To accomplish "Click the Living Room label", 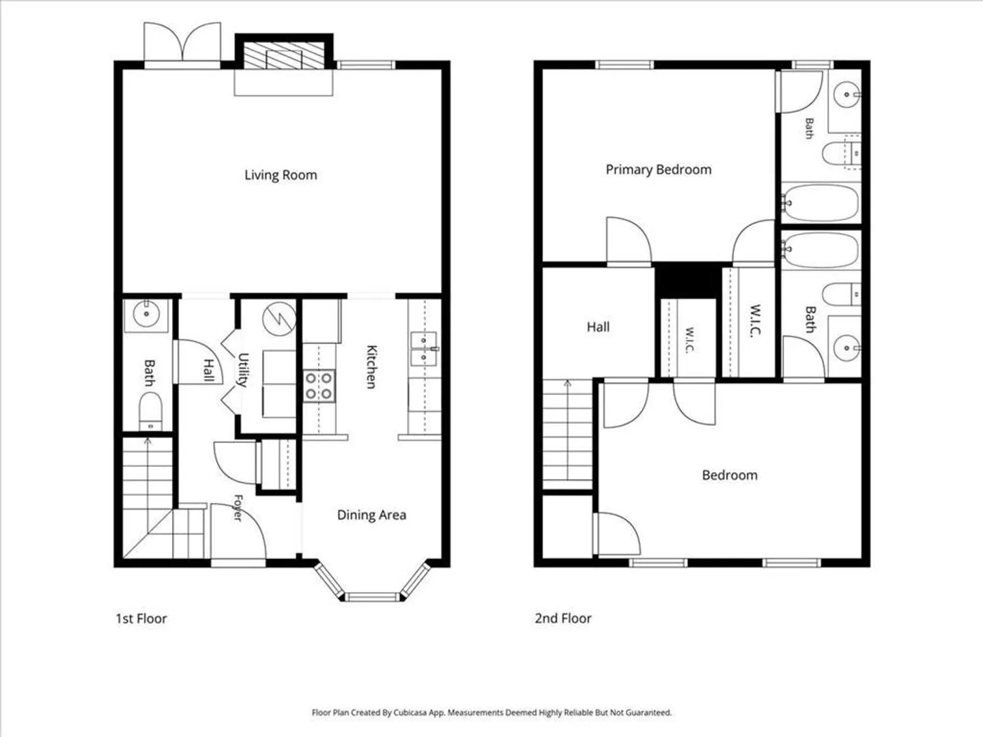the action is point(281,175).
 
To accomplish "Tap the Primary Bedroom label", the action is point(658,170).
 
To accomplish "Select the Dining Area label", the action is point(371,515).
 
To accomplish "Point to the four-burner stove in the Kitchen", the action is point(319,386).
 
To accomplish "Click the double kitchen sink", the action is point(423,349).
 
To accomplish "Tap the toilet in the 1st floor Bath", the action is point(150,411).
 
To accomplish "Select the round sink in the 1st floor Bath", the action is point(146,314).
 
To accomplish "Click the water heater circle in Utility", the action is point(279,319).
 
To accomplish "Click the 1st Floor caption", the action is point(141,619).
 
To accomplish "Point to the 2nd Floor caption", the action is point(563,618).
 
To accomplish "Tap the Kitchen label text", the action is point(372,366).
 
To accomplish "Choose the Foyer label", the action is point(238,508).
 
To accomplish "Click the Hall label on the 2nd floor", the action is point(598,327).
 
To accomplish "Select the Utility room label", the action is point(243,370).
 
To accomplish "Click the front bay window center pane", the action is point(372,596).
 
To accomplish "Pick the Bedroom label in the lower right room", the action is point(730,475).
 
